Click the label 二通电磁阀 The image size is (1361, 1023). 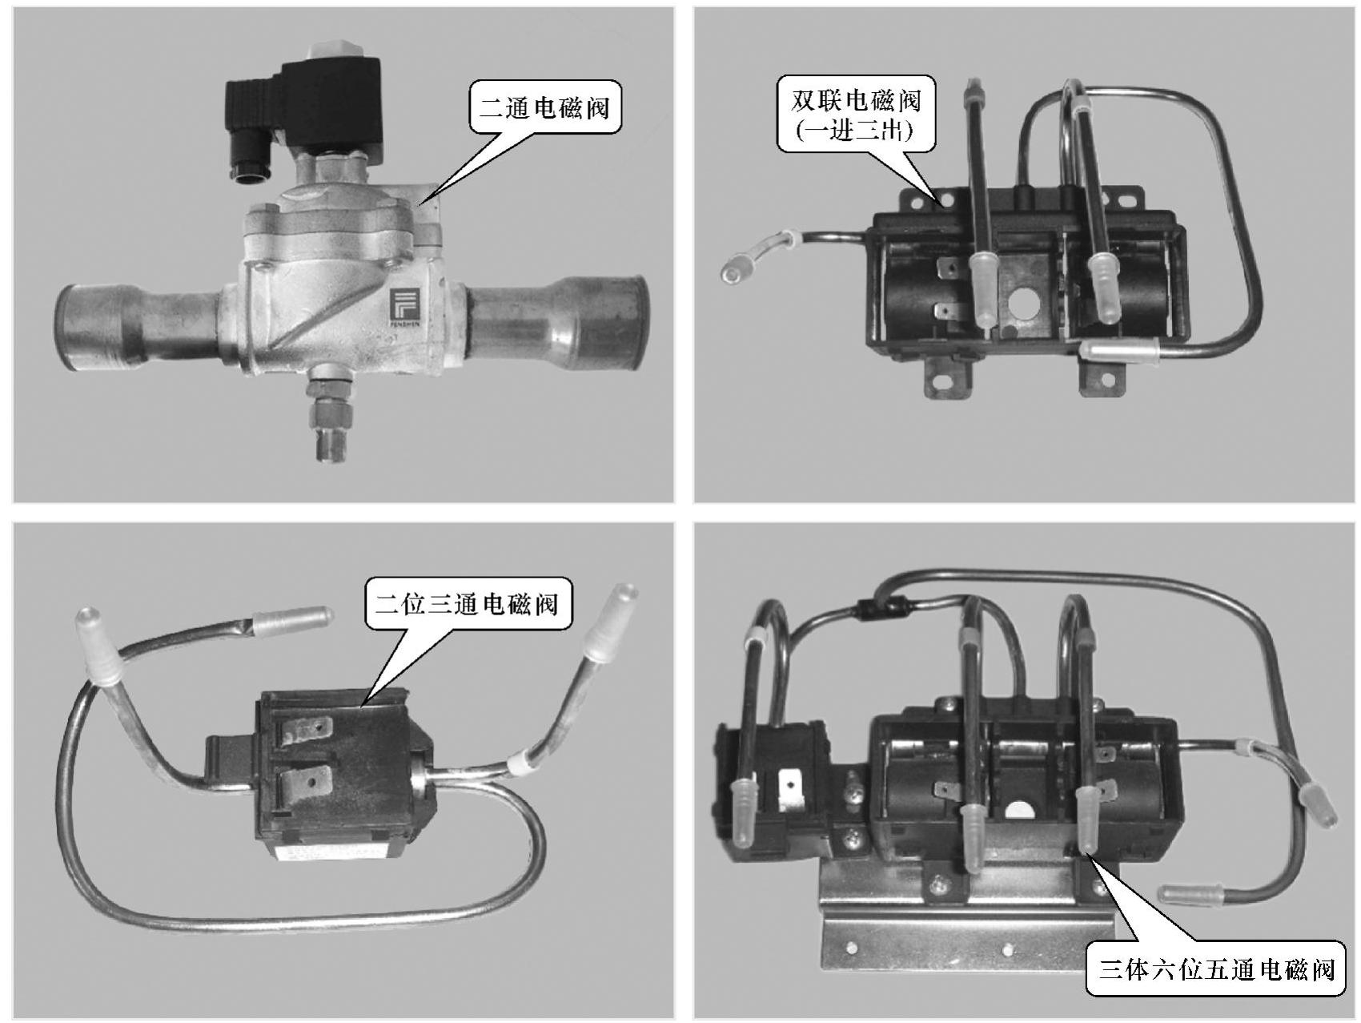tap(544, 107)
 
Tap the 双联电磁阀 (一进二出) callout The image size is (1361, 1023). tap(856, 114)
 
